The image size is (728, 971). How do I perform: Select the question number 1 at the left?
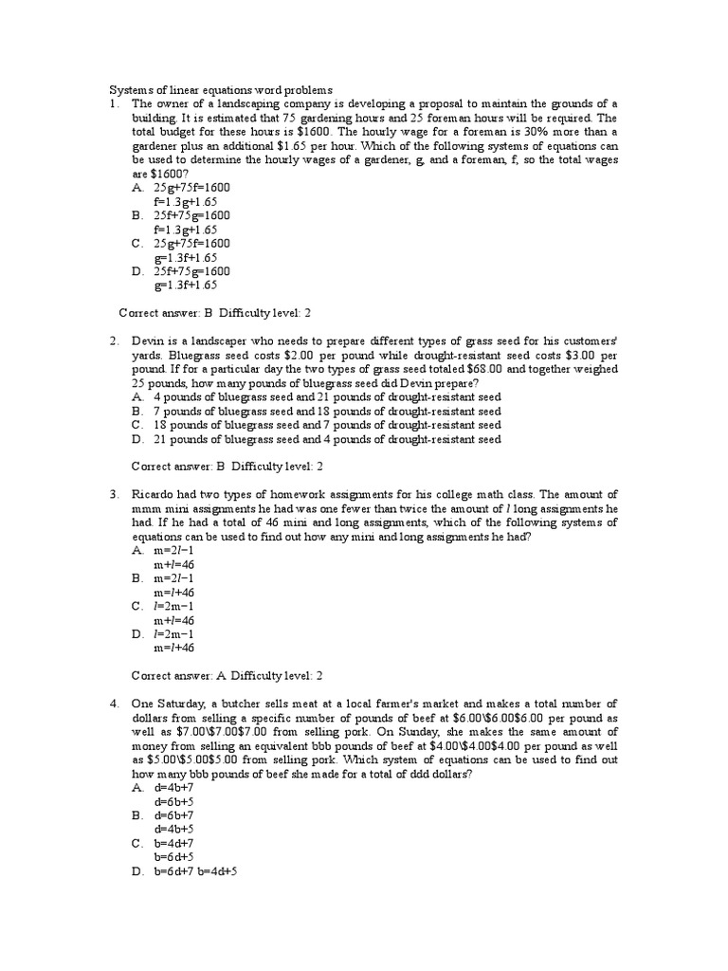click(x=111, y=103)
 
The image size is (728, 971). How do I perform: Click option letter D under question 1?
click(x=137, y=271)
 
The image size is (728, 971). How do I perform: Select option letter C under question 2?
click(x=137, y=425)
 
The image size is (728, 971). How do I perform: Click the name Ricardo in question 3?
click(x=154, y=494)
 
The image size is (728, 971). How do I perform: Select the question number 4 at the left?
click(x=111, y=703)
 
